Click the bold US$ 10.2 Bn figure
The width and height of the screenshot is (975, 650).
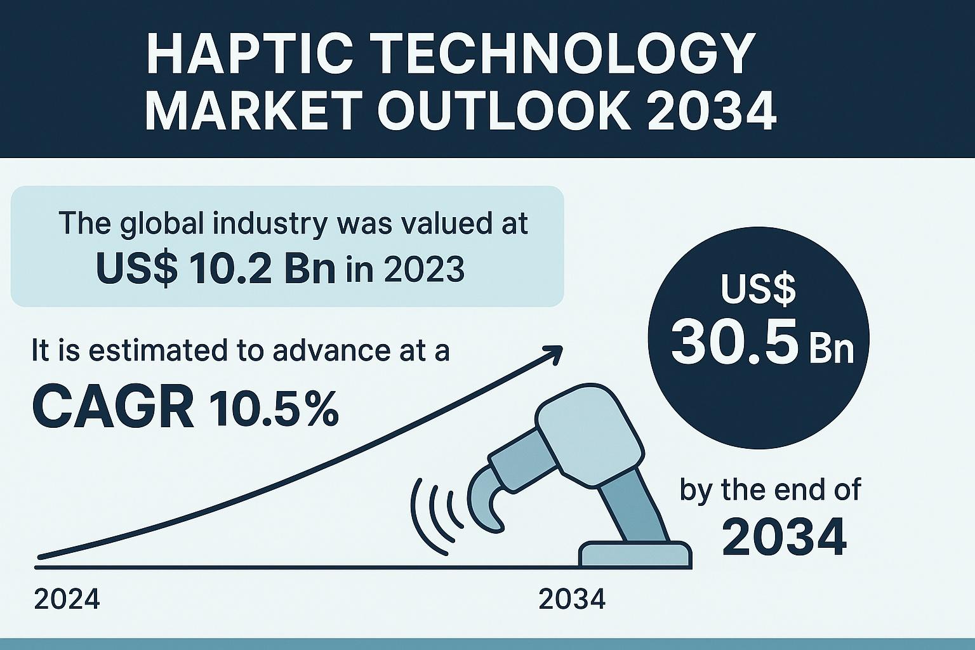click(x=216, y=269)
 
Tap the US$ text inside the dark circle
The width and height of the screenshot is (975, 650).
click(x=758, y=289)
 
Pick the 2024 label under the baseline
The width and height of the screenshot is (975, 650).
click(x=67, y=599)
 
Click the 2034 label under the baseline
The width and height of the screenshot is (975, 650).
click(x=572, y=599)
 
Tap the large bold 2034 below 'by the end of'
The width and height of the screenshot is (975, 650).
click(x=785, y=537)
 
